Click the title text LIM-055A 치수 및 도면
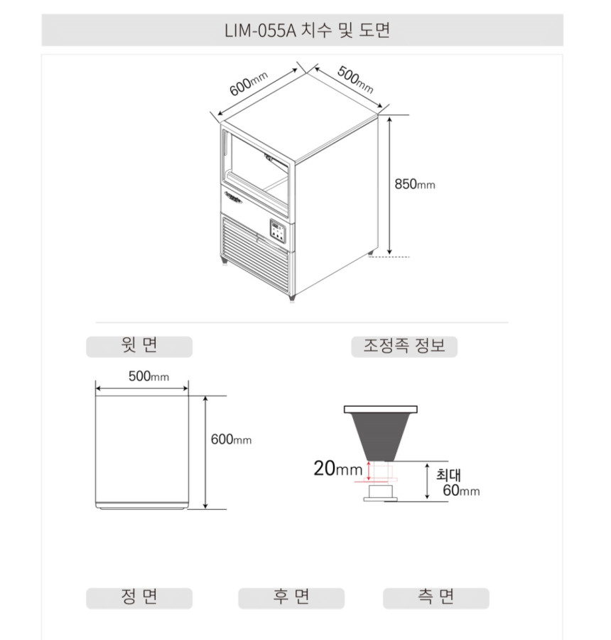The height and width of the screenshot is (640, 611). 307,30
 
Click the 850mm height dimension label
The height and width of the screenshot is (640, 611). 414,184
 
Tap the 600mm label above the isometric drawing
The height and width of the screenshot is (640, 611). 249,84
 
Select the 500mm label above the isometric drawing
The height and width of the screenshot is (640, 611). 355,80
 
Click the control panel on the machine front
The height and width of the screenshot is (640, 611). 278,231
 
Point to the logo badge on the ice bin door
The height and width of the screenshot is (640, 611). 233,196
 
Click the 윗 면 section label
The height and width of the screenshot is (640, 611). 139,346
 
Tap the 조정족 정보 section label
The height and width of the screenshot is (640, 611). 404,346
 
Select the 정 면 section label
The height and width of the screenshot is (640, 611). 139,597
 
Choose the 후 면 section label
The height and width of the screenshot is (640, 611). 291,597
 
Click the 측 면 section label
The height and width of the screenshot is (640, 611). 436,597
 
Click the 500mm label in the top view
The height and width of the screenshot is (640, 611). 148,376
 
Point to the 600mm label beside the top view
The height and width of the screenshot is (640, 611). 231,439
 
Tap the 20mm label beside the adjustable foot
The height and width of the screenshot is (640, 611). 337,468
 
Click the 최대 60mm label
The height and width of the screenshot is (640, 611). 458,482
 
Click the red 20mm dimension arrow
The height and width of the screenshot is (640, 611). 369,471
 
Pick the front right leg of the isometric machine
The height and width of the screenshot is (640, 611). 291,297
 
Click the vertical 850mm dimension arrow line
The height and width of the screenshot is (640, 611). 389,186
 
